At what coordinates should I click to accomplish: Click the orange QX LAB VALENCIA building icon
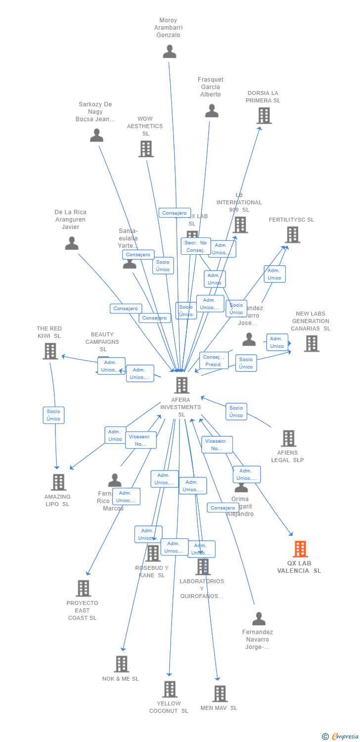click(x=300, y=549)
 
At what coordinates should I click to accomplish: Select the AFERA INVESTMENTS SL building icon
click(x=181, y=385)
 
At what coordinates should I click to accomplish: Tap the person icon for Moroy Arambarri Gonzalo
click(x=170, y=51)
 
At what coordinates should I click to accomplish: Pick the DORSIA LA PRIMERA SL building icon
click(x=264, y=116)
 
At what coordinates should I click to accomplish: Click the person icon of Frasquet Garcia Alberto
click(x=212, y=111)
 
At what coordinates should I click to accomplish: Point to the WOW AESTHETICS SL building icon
click(x=146, y=148)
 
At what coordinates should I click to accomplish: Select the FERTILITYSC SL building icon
click(x=292, y=234)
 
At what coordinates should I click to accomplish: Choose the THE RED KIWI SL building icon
click(x=50, y=351)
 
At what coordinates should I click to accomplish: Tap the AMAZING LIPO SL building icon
click(x=58, y=482)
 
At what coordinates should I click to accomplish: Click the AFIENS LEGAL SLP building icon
click(x=288, y=438)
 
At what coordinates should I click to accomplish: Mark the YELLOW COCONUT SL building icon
click(x=170, y=689)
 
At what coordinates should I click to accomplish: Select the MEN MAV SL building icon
click(x=220, y=694)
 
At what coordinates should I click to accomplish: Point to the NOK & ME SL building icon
click(x=121, y=664)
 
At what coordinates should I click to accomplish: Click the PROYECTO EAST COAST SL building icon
click(x=83, y=588)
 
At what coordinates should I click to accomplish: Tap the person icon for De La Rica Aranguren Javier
click(x=72, y=243)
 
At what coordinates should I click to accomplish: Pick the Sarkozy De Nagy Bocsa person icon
click(x=96, y=135)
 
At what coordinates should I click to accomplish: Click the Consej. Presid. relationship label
click(x=214, y=361)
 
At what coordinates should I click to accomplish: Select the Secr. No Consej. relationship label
click(x=195, y=246)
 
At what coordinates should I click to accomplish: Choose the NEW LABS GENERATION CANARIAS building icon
click(x=312, y=343)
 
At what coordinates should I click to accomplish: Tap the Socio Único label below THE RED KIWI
click(x=53, y=415)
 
